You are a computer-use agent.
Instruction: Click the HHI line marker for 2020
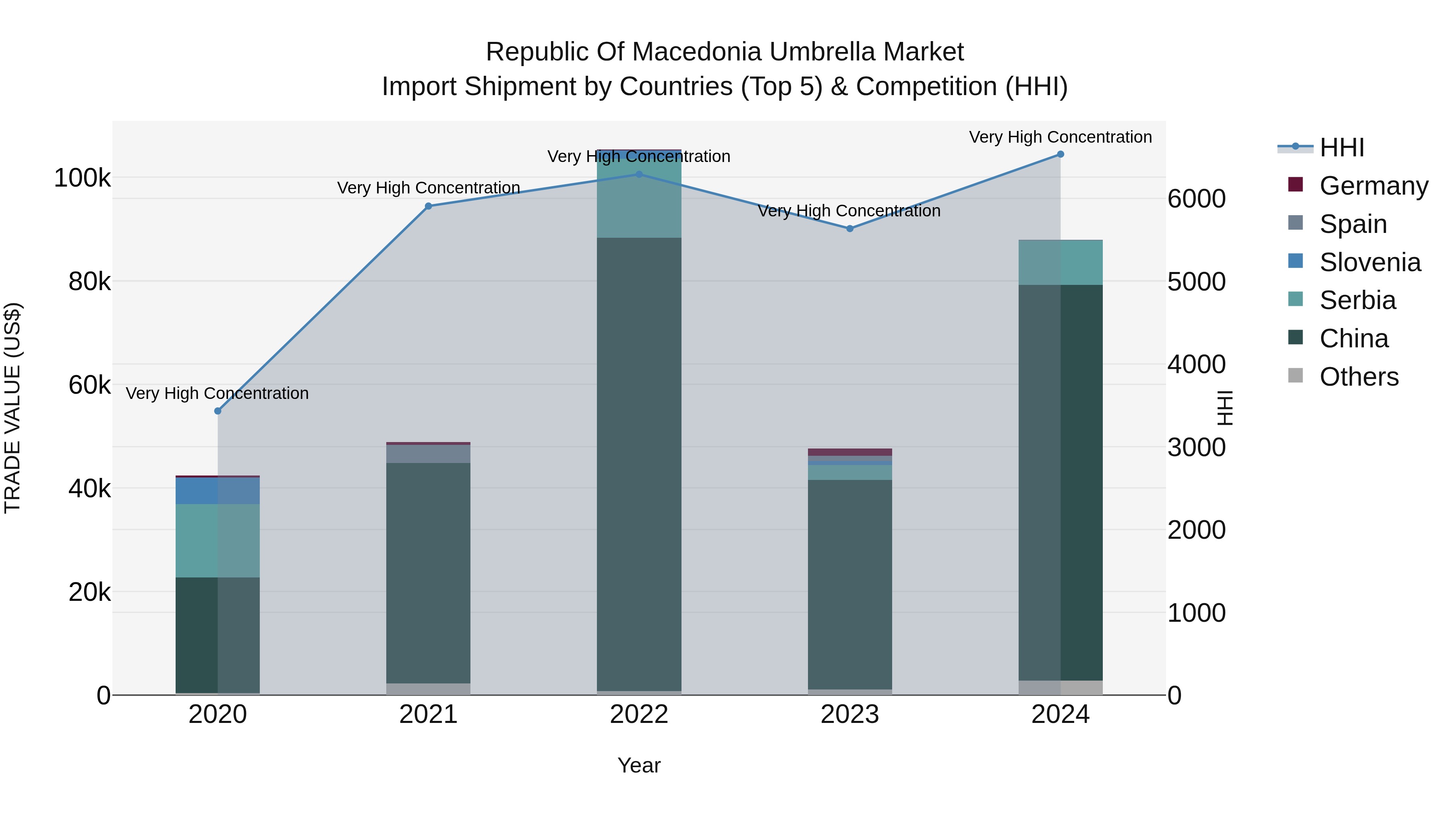(218, 411)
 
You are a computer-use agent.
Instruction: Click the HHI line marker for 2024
(1061, 154)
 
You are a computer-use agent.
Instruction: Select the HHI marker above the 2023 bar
(850, 228)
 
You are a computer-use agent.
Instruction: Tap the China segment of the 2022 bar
(639, 462)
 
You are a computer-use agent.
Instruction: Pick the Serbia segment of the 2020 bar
(218, 541)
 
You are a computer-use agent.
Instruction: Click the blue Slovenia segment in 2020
(218, 490)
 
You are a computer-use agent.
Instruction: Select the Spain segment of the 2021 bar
(429, 454)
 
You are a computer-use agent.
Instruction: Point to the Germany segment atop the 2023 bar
(850, 452)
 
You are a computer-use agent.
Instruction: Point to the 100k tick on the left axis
(82, 179)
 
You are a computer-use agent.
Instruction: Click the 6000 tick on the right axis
(1196, 199)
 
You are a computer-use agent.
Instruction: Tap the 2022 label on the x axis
(639, 714)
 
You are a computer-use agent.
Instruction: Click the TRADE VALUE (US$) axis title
(12, 408)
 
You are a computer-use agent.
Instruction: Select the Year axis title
(639, 765)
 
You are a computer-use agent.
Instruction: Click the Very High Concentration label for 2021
(429, 187)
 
